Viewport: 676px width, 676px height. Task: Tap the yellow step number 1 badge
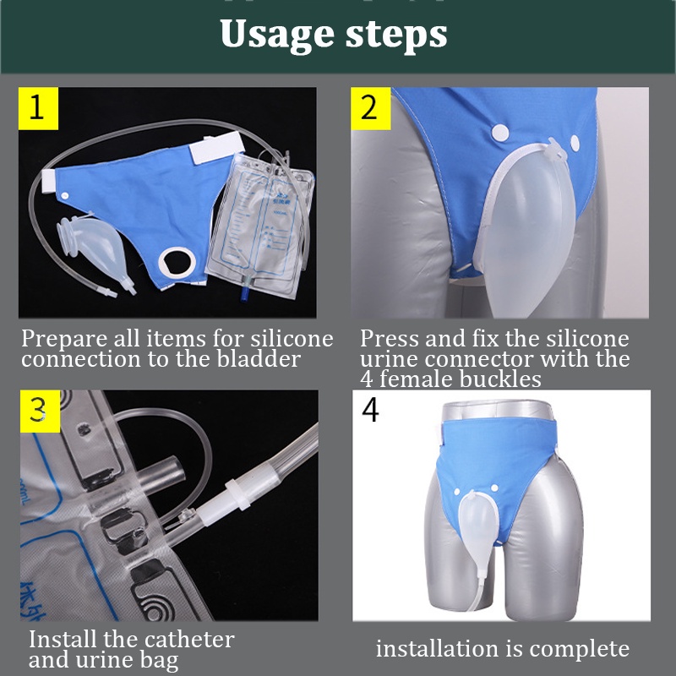click(x=38, y=108)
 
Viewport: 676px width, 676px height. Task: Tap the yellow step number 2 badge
click(x=370, y=108)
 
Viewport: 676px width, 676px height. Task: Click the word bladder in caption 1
click(x=261, y=359)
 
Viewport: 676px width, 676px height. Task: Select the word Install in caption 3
click(x=57, y=640)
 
